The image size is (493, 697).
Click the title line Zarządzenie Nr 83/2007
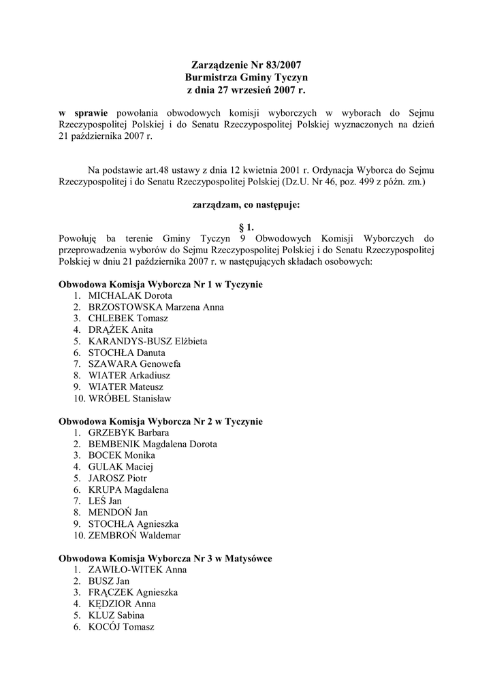point(246,66)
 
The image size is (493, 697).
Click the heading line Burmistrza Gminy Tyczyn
point(246,78)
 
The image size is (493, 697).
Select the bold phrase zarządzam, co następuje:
point(246,204)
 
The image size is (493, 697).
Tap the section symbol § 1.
point(246,228)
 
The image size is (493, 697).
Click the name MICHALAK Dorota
point(130,295)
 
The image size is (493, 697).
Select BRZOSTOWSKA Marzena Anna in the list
point(156,307)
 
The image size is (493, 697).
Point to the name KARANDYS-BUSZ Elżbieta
point(148,341)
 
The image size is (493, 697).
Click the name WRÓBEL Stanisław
point(129,398)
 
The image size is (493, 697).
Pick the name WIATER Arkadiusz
point(129,375)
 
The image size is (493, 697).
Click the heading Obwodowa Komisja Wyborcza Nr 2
point(161,421)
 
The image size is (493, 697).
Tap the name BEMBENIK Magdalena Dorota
point(153,444)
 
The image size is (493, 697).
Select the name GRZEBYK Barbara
point(129,432)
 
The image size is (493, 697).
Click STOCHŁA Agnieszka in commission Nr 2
point(133,523)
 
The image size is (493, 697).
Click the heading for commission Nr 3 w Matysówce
point(165,558)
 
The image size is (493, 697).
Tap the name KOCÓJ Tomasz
point(121,627)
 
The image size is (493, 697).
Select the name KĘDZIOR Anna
point(122,604)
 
